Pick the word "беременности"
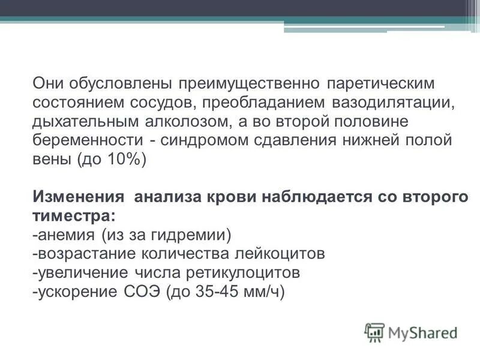pyautogui.click(x=86, y=140)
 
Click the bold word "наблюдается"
pyautogui.click(x=316, y=196)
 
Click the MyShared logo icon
pyautogui.click(x=374, y=332)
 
